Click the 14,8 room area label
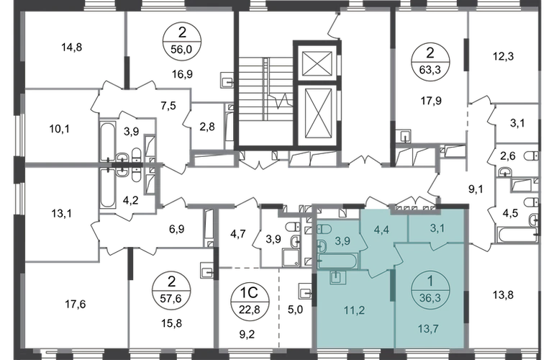pos(72,47)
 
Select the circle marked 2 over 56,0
pos(181,41)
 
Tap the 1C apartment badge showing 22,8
pos(250,301)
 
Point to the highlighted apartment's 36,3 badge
pos(430,289)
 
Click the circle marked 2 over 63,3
pos(430,61)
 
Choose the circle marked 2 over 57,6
pos(171,290)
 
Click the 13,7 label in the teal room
pos(428,329)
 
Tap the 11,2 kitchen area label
pos(355,310)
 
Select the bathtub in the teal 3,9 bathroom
pos(337,261)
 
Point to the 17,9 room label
pos(431,101)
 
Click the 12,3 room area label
pos(503,56)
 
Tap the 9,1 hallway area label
pos(476,189)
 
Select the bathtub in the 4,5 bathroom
pos(517,235)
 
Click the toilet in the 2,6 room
pos(531,156)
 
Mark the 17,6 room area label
pos(76,304)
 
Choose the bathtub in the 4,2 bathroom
pos(108,189)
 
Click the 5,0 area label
pos(296,310)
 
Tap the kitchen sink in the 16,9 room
pos(227,80)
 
